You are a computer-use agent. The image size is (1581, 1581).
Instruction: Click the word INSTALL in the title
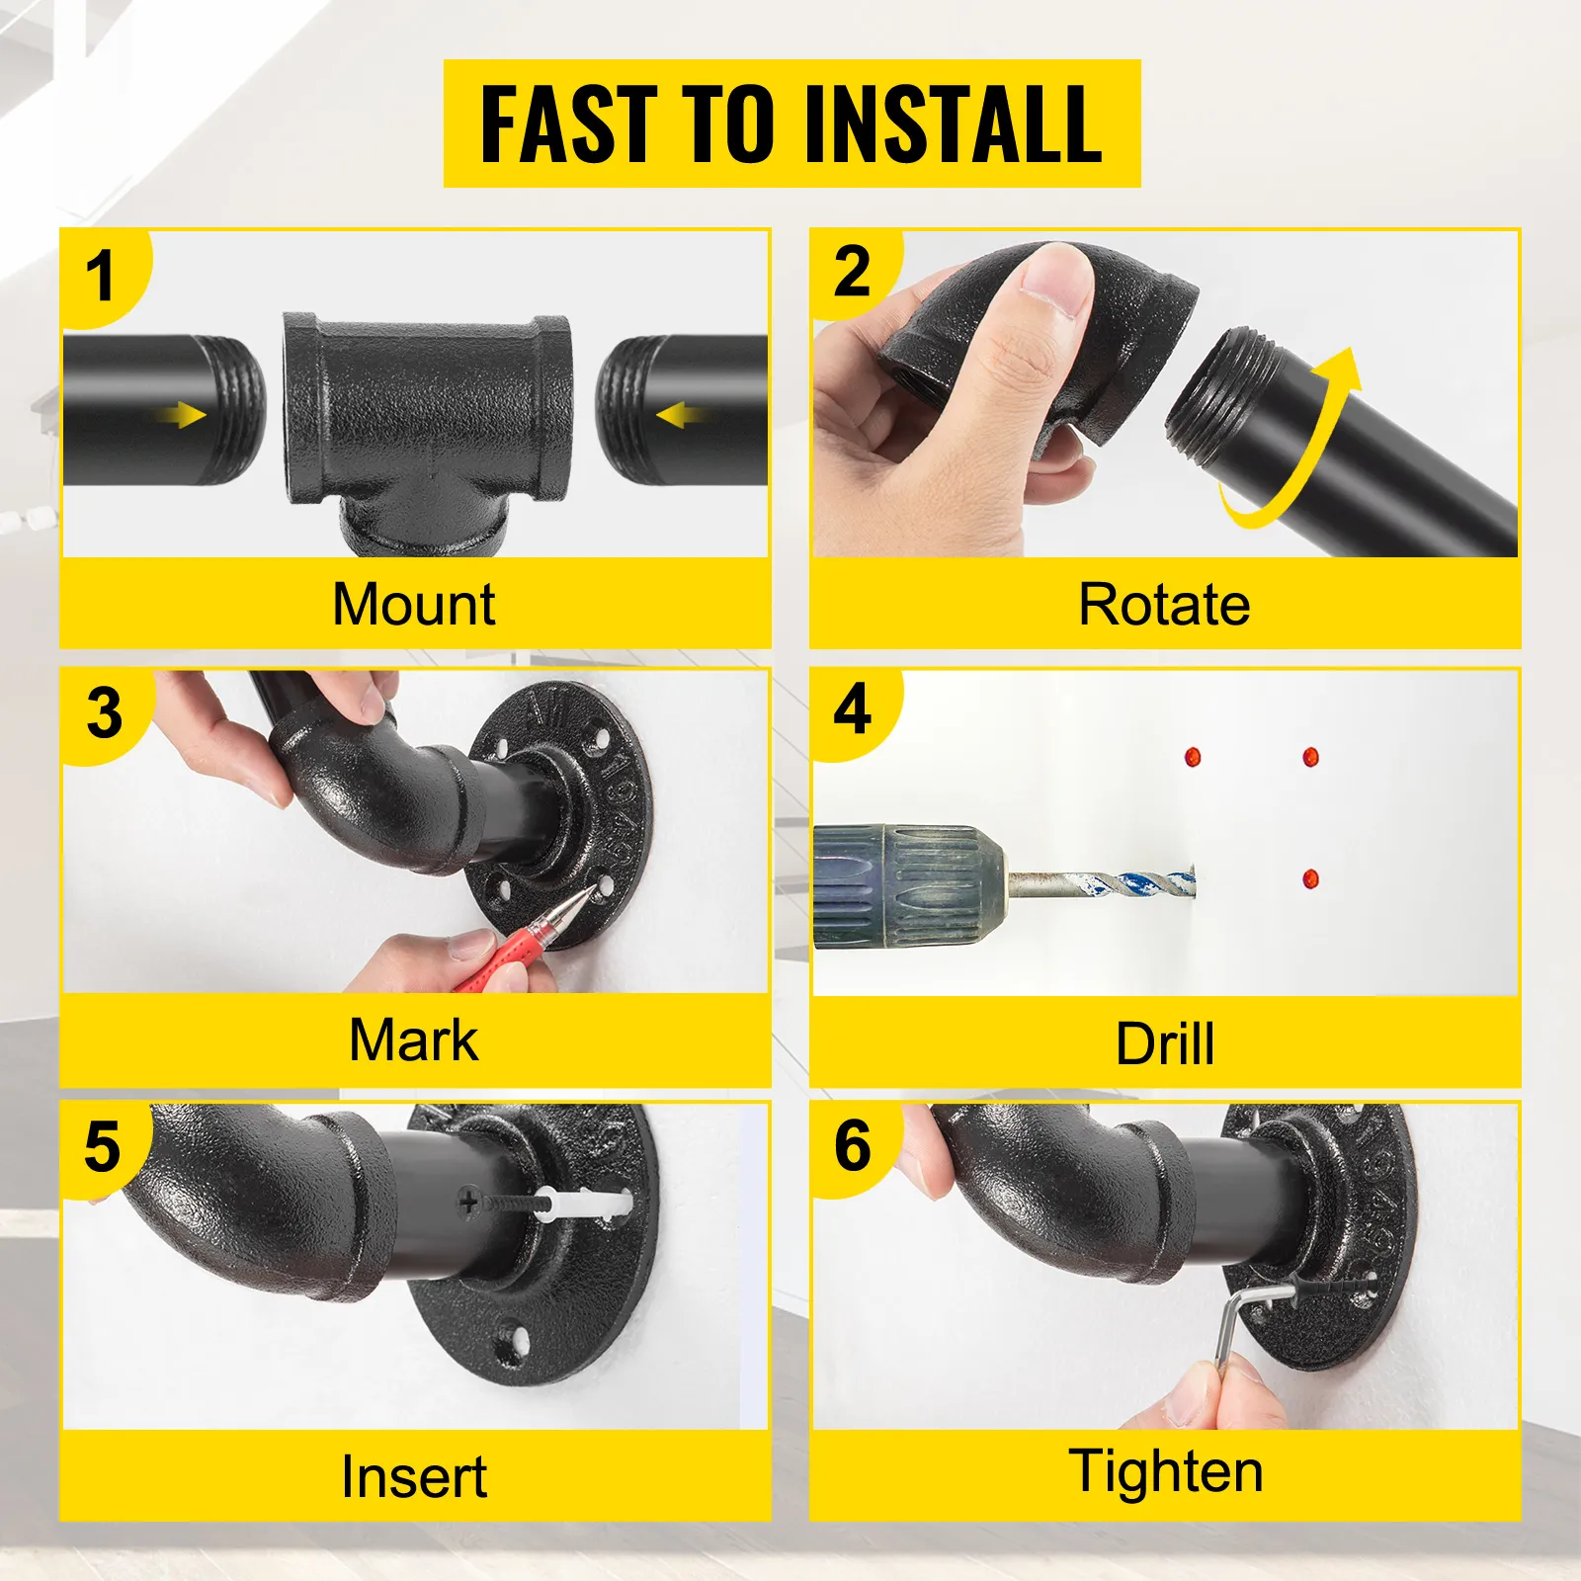[x=954, y=124]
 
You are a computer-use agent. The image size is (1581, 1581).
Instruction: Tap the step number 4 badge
[x=852, y=709]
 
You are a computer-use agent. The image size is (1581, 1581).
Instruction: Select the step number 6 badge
[x=852, y=1146]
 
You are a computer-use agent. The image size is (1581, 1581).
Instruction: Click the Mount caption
[x=414, y=604]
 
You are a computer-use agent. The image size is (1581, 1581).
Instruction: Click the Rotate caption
[x=1164, y=604]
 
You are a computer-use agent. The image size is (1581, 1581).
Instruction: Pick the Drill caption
[x=1164, y=1043]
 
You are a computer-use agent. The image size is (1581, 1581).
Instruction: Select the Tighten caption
[x=1166, y=1471]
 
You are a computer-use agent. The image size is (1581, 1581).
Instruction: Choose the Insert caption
[x=414, y=1477]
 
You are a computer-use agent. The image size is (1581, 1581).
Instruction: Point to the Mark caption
[x=414, y=1040]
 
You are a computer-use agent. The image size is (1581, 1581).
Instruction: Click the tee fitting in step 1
[x=427, y=415]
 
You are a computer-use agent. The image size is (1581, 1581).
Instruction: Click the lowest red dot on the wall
[x=1310, y=877]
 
